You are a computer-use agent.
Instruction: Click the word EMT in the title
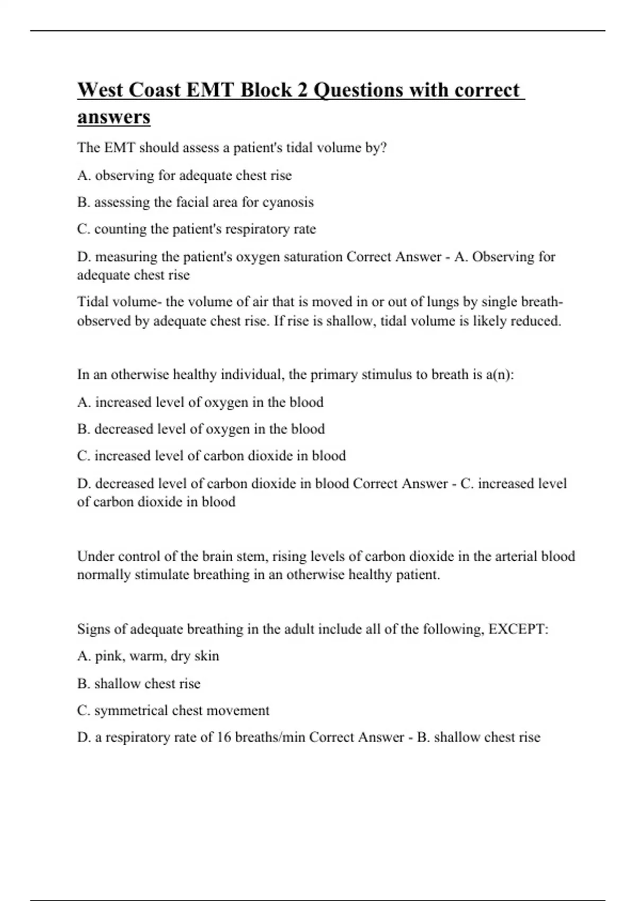coord(209,90)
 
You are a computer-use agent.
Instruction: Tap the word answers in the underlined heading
coord(114,117)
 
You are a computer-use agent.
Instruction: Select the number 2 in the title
coord(302,90)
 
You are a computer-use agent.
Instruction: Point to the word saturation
coord(314,257)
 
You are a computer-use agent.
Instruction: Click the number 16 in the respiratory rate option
coord(224,737)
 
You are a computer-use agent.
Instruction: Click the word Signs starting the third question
coord(93,629)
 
